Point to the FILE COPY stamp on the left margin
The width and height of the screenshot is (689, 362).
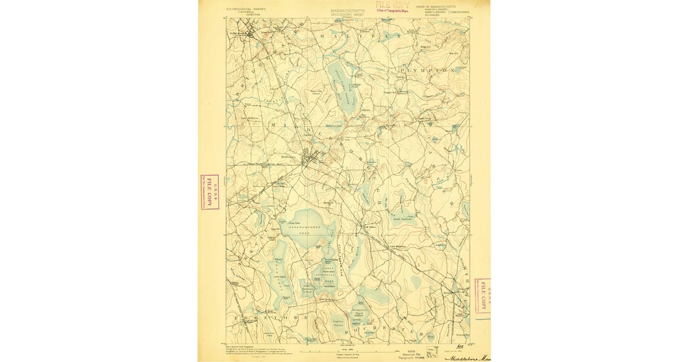[209, 192]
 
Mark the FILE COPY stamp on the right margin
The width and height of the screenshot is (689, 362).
[483, 298]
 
